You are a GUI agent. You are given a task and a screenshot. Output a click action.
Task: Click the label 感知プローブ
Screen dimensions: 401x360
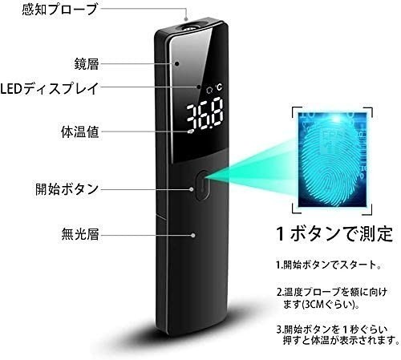pos(59,9)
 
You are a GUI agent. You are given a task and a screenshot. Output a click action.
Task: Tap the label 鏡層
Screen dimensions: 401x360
pos(87,63)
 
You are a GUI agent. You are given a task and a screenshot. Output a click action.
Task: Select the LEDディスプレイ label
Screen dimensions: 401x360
pos(50,88)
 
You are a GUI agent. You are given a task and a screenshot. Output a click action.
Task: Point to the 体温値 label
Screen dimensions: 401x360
pos(80,131)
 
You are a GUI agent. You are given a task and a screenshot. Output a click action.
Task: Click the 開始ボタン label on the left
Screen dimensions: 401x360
pos(67,189)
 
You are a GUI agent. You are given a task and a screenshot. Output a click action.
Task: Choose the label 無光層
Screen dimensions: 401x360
pos(80,234)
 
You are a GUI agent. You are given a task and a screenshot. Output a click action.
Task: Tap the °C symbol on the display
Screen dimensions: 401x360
pos(219,87)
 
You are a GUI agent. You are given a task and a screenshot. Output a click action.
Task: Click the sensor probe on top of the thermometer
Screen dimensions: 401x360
pos(190,26)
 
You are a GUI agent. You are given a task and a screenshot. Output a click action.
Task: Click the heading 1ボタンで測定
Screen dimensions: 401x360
pos(335,233)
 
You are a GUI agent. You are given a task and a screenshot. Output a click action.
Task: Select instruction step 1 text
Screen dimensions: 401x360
pos(329,265)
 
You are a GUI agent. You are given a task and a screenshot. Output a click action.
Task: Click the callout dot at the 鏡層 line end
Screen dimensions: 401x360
pos(176,63)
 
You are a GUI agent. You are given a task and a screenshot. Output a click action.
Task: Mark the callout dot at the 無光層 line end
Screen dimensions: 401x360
pos(193,235)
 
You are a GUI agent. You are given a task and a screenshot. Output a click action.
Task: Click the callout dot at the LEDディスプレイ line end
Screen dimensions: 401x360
pos(199,87)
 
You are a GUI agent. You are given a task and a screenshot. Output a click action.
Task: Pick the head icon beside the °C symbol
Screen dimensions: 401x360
pos(209,90)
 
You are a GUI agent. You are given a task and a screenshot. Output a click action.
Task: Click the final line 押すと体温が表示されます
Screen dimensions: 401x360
pos(341,340)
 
